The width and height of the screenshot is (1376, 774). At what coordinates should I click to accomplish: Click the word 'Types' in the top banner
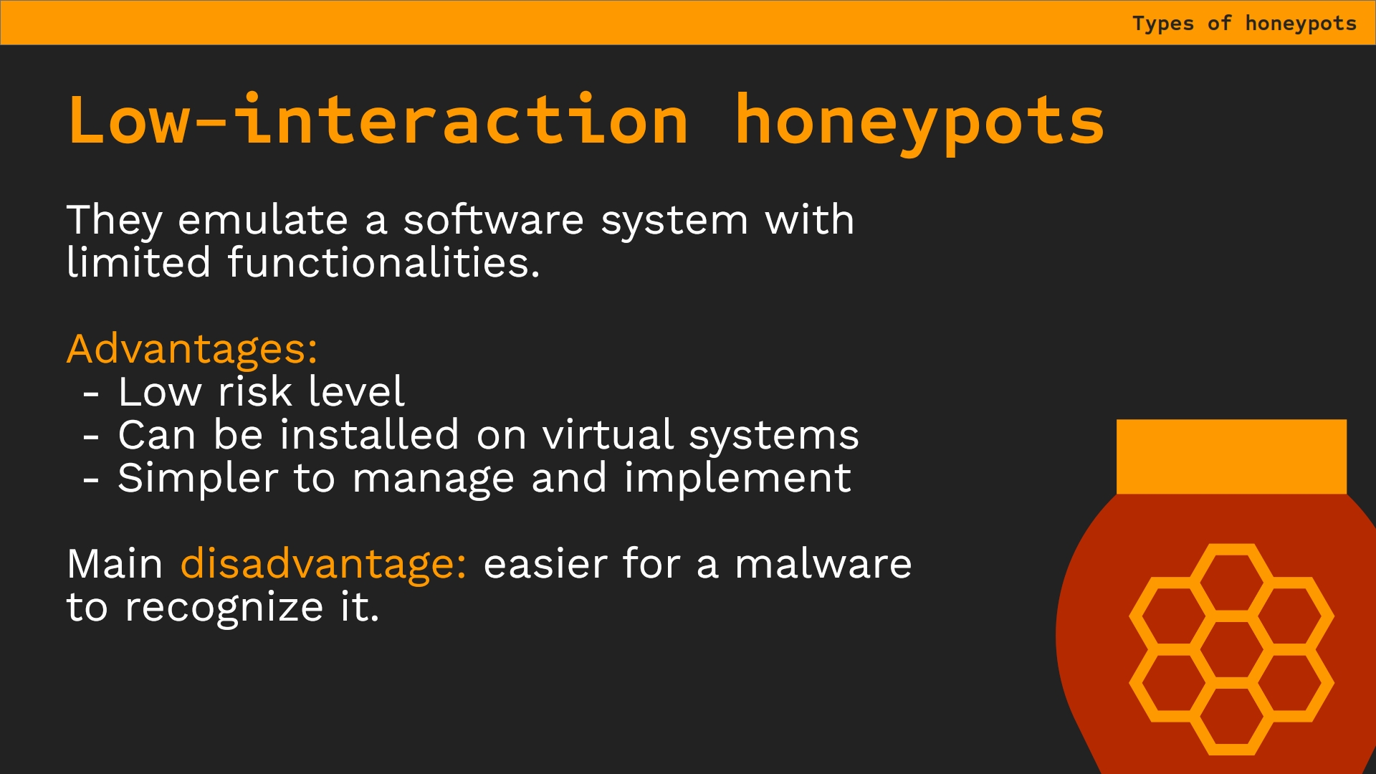(x=1163, y=24)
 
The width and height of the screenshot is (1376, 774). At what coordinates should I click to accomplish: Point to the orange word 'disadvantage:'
(x=323, y=563)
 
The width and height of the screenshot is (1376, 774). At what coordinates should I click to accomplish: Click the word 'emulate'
(x=263, y=220)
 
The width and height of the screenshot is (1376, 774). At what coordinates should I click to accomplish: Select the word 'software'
(x=494, y=219)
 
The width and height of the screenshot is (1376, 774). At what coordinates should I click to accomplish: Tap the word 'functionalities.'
(x=383, y=262)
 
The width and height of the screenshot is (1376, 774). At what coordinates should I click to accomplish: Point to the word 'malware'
(x=823, y=564)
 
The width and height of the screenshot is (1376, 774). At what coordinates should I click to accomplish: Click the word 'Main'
(x=115, y=564)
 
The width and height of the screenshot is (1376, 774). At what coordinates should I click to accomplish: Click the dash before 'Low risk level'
(x=91, y=393)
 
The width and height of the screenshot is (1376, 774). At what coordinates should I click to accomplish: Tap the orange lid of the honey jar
(x=1231, y=457)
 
